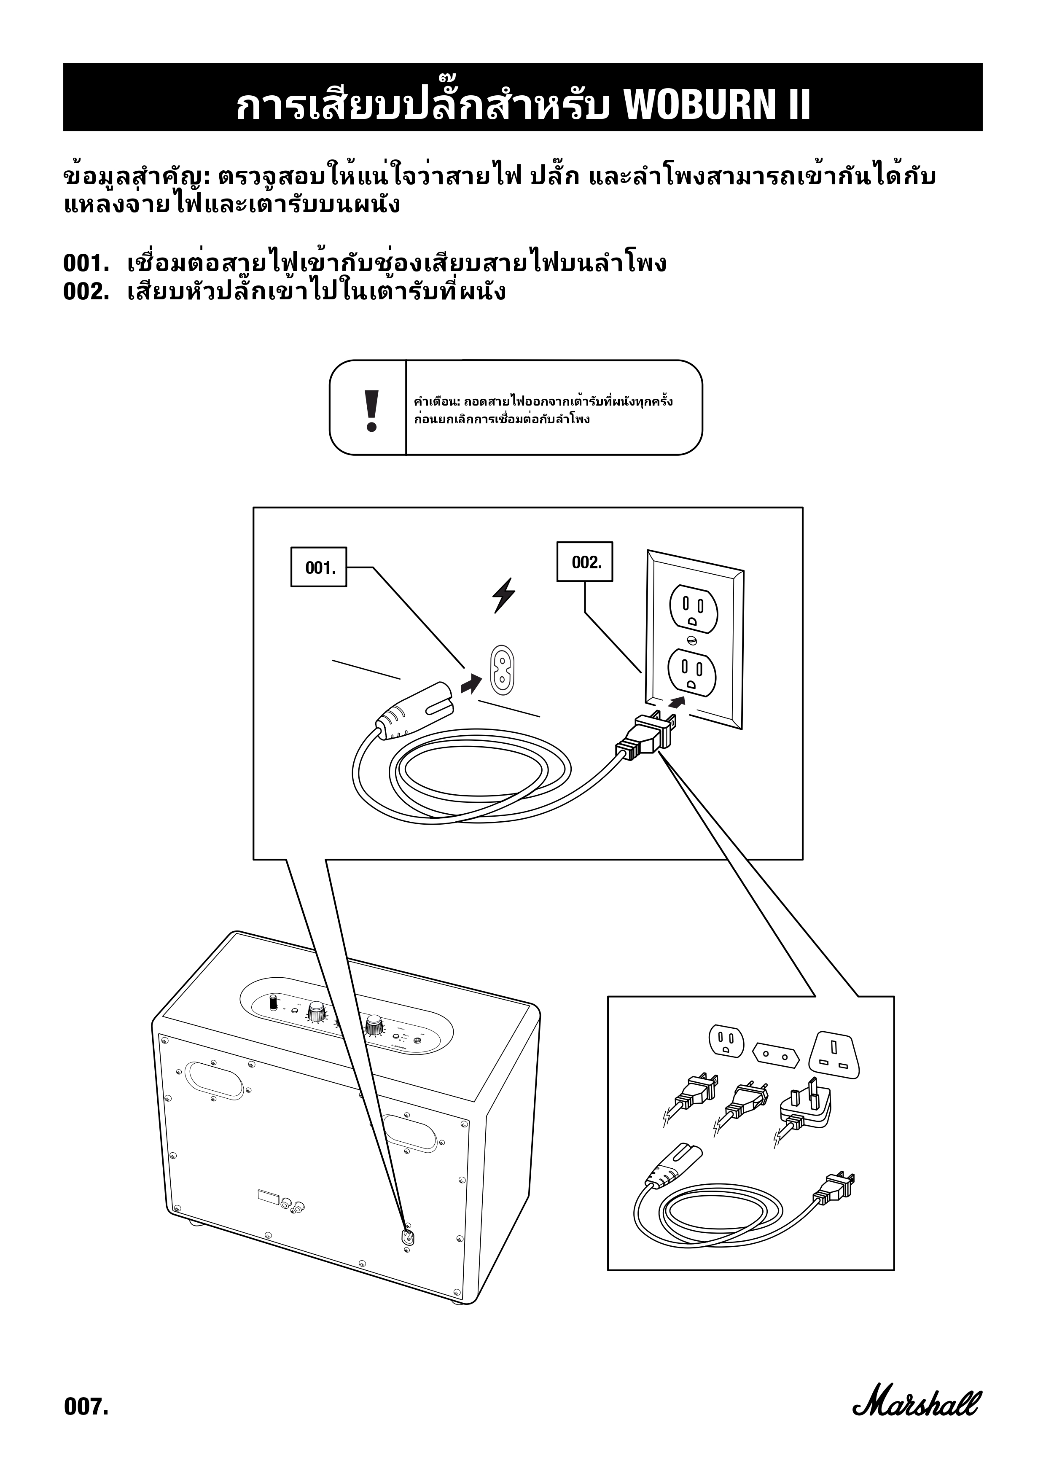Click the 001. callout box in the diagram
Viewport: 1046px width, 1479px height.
click(319, 567)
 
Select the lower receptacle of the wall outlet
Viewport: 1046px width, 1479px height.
click(691, 671)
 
